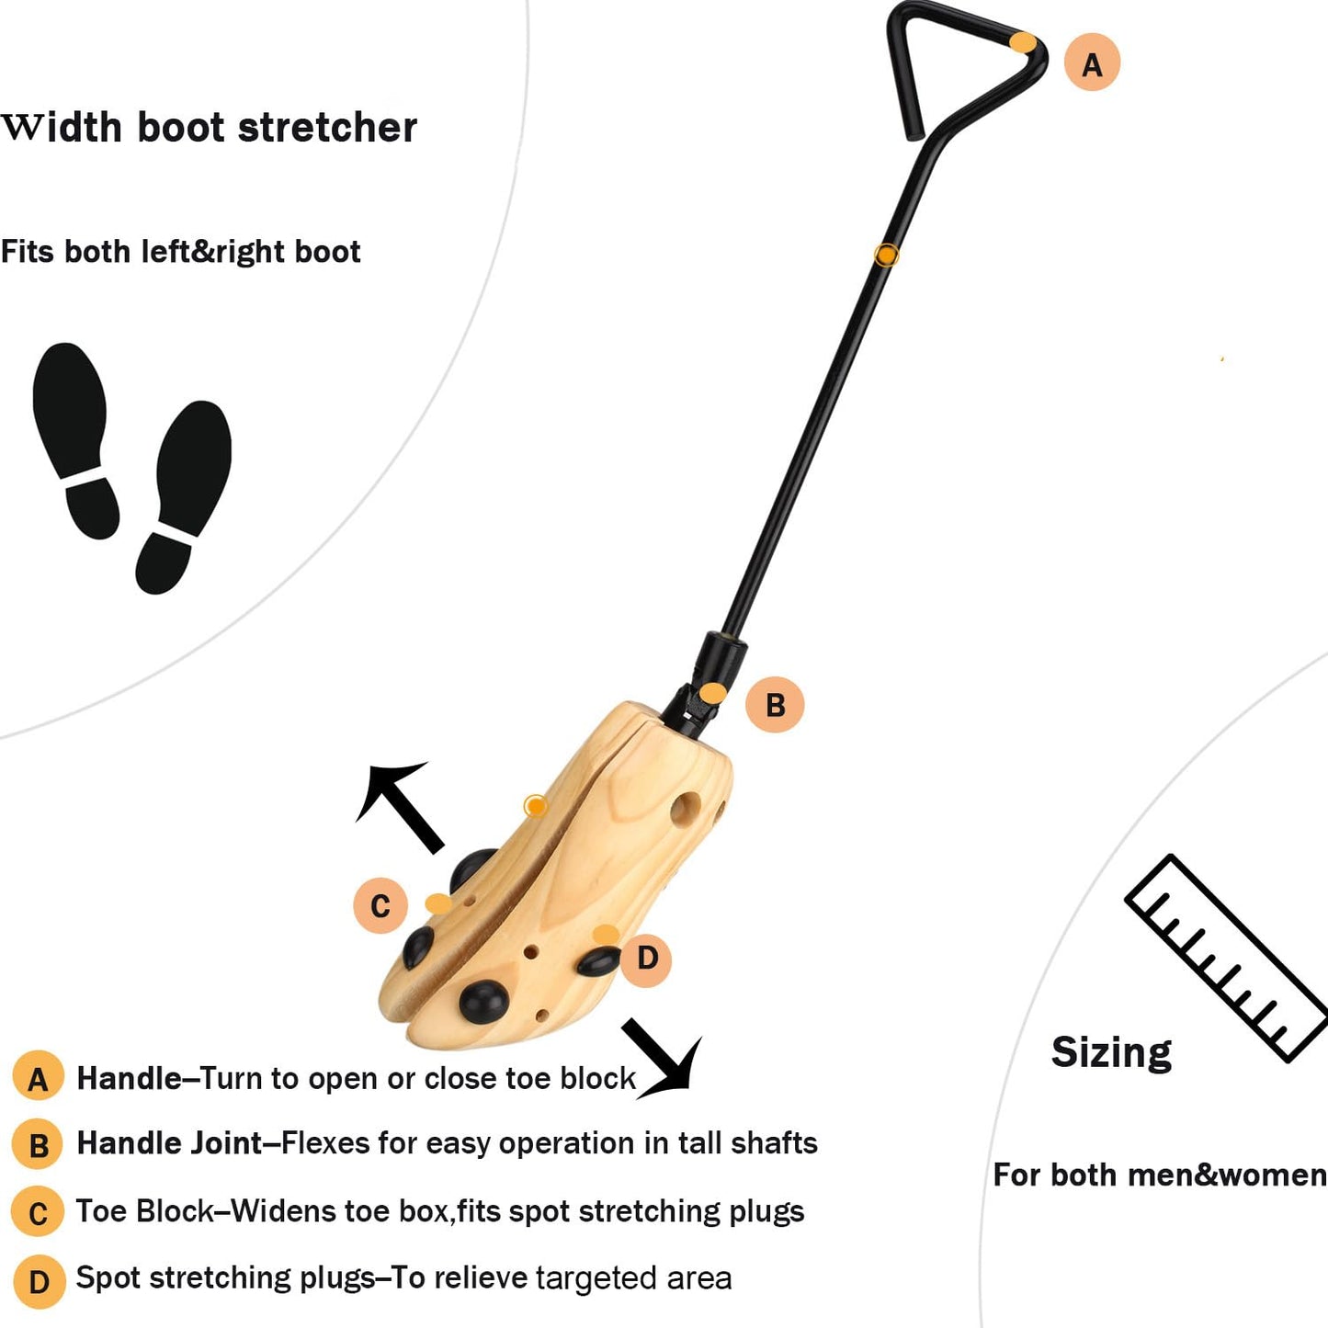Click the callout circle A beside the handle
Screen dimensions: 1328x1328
(1092, 63)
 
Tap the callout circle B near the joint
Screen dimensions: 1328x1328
(775, 705)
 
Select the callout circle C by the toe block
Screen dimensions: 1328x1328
(380, 906)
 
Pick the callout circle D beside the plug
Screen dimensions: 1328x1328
(647, 959)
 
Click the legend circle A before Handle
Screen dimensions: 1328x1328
(38, 1078)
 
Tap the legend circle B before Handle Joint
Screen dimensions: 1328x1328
(38, 1145)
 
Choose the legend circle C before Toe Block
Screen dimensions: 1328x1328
(38, 1212)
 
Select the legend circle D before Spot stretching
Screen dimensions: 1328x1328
(39, 1281)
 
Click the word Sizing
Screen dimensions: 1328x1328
(1111, 1053)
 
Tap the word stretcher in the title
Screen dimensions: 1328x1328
(327, 128)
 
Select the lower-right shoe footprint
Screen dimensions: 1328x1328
(184, 496)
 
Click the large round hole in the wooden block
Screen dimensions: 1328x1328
(685, 811)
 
